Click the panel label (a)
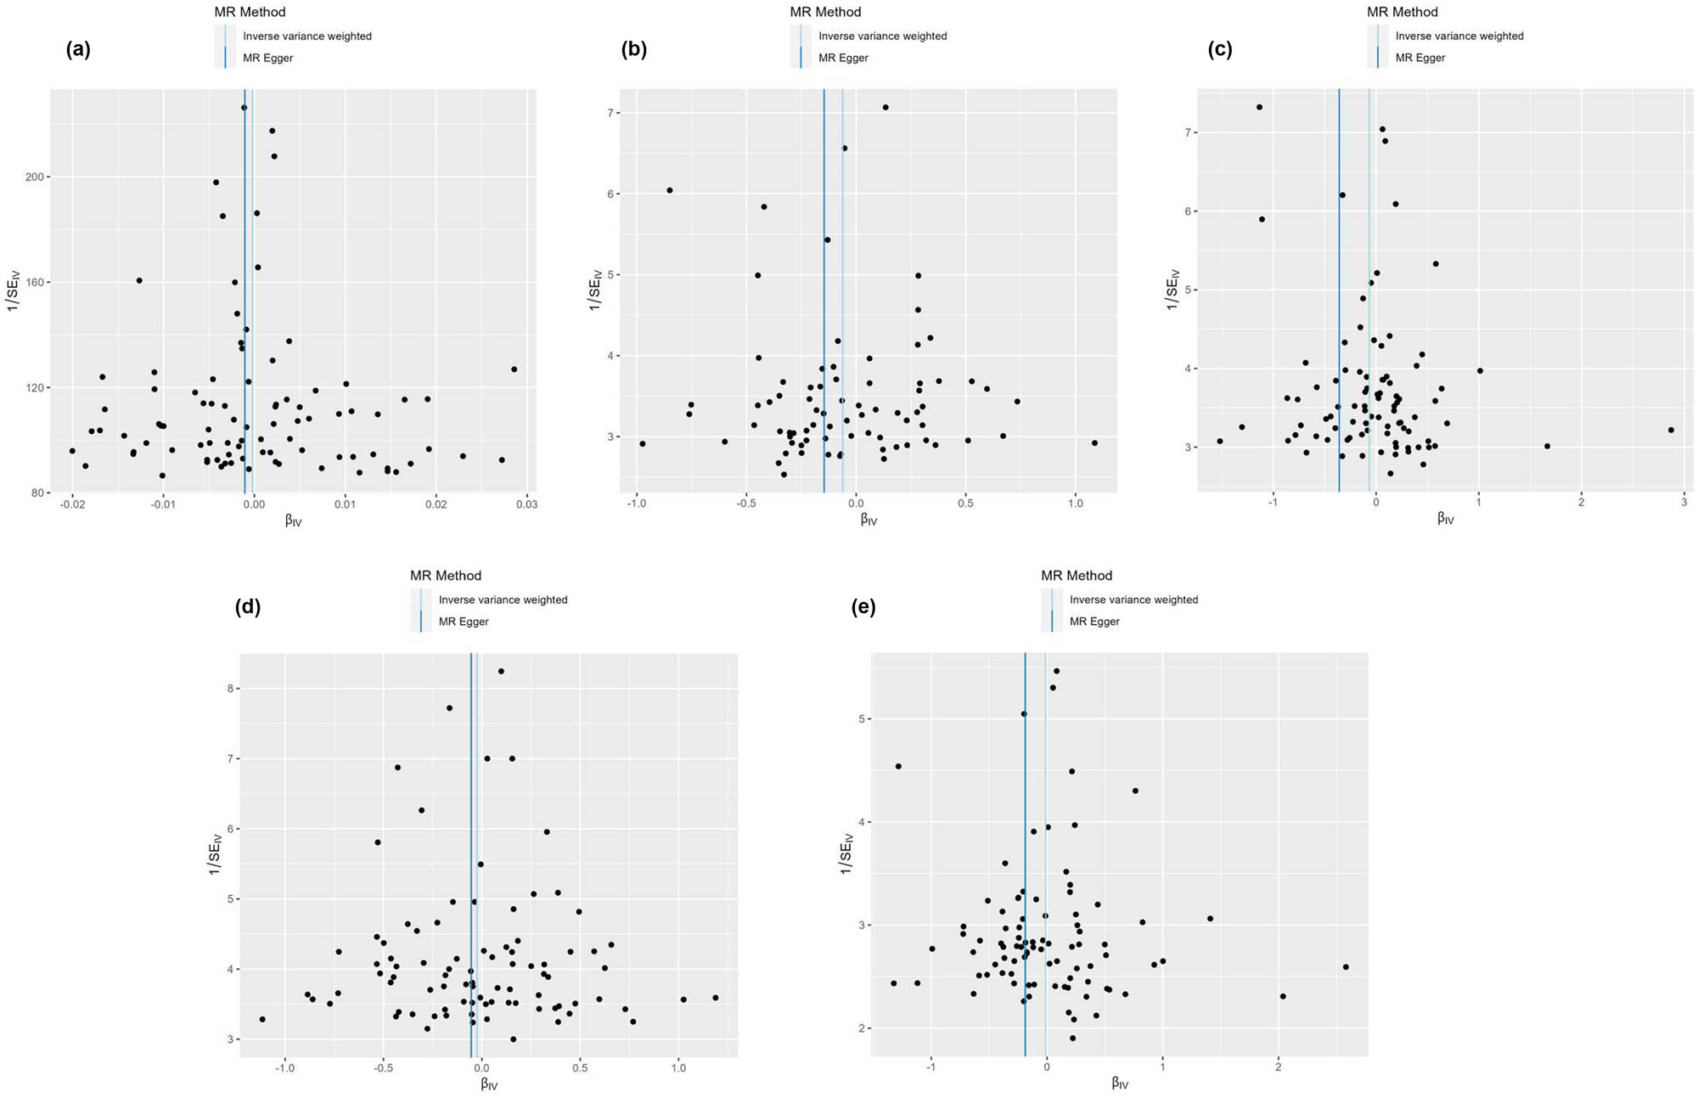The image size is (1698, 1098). pyautogui.click(x=78, y=49)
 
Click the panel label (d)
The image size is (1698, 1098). pyautogui.click(x=247, y=607)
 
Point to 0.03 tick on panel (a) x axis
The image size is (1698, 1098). pyautogui.click(x=526, y=504)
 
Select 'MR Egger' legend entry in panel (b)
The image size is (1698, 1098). pyautogui.click(x=842, y=58)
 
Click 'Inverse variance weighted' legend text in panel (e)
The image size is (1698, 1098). pyautogui.click(x=1133, y=600)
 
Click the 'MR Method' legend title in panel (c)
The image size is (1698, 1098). pyautogui.click(x=1402, y=12)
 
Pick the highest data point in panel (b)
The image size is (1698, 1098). pyautogui.click(x=885, y=107)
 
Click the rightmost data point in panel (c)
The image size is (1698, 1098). pyautogui.click(x=1670, y=430)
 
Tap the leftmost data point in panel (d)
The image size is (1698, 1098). pyautogui.click(x=262, y=1019)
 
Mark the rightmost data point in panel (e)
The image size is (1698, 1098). pyautogui.click(x=1345, y=967)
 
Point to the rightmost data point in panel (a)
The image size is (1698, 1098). pyautogui.click(x=514, y=369)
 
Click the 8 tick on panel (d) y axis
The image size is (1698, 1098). pyautogui.click(x=230, y=689)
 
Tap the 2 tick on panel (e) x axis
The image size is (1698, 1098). pyautogui.click(x=1278, y=1067)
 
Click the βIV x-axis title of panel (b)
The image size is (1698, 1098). pyautogui.click(x=868, y=520)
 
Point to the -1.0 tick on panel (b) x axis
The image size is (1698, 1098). pyautogui.click(x=636, y=504)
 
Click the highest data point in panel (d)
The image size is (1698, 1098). pyautogui.click(x=501, y=671)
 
